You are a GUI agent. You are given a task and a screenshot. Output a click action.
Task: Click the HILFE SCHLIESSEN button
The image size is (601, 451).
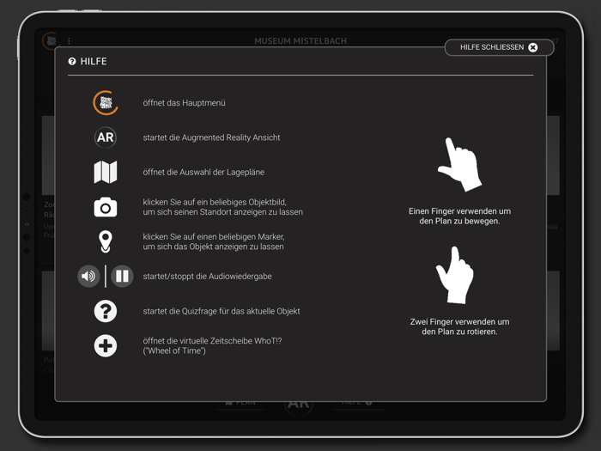point(498,47)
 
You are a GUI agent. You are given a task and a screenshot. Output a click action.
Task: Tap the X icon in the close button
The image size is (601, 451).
point(532,47)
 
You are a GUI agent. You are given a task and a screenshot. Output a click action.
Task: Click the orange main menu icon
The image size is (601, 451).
point(106,103)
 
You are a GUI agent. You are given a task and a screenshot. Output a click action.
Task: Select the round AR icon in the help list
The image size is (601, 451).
point(106,137)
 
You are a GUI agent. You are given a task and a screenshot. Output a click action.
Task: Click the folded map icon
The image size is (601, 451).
point(106,172)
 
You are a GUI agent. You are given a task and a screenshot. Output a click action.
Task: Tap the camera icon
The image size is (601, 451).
point(106,207)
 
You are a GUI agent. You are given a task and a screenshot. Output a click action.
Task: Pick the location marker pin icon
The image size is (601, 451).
point(106,241)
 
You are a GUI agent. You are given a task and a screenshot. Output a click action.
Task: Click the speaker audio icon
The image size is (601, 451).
point(88,277)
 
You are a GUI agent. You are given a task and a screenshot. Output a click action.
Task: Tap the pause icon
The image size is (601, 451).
point(122,277)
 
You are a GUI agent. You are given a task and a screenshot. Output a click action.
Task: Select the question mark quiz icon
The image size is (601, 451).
point(106,311)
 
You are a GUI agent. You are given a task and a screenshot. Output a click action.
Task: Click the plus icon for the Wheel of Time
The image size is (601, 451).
point(106,346)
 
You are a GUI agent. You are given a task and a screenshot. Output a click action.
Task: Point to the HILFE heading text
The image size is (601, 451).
point(94,62)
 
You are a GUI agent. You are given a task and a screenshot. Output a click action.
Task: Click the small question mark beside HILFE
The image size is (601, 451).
point(72,62)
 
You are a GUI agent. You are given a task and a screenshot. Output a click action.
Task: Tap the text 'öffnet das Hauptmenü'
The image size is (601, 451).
point(184,103)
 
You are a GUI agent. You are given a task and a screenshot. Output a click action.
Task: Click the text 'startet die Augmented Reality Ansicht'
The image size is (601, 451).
point(211,137)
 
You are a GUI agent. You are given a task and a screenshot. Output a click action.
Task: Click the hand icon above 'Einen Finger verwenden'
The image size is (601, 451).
point(460,164)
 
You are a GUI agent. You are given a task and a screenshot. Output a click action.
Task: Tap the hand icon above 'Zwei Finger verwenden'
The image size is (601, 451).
point(456,274)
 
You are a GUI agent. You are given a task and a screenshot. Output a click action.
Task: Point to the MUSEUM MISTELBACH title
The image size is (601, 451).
point(300,41)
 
